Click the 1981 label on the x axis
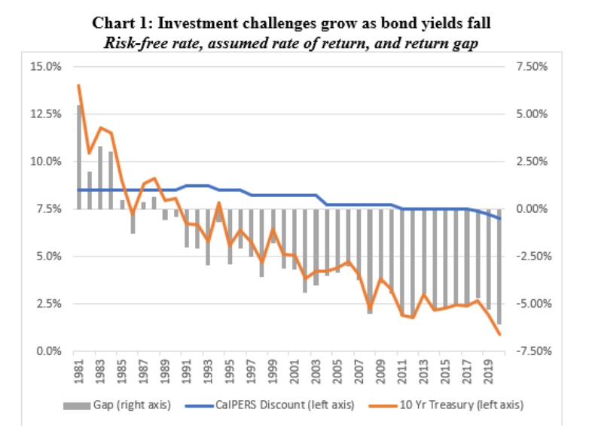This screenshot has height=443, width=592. pyautogui.click(x=78, y=370)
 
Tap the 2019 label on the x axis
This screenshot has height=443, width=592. pyautogui.click(x=490, y=370)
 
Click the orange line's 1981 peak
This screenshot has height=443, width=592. pyautogui.click(x=79, y=85)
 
